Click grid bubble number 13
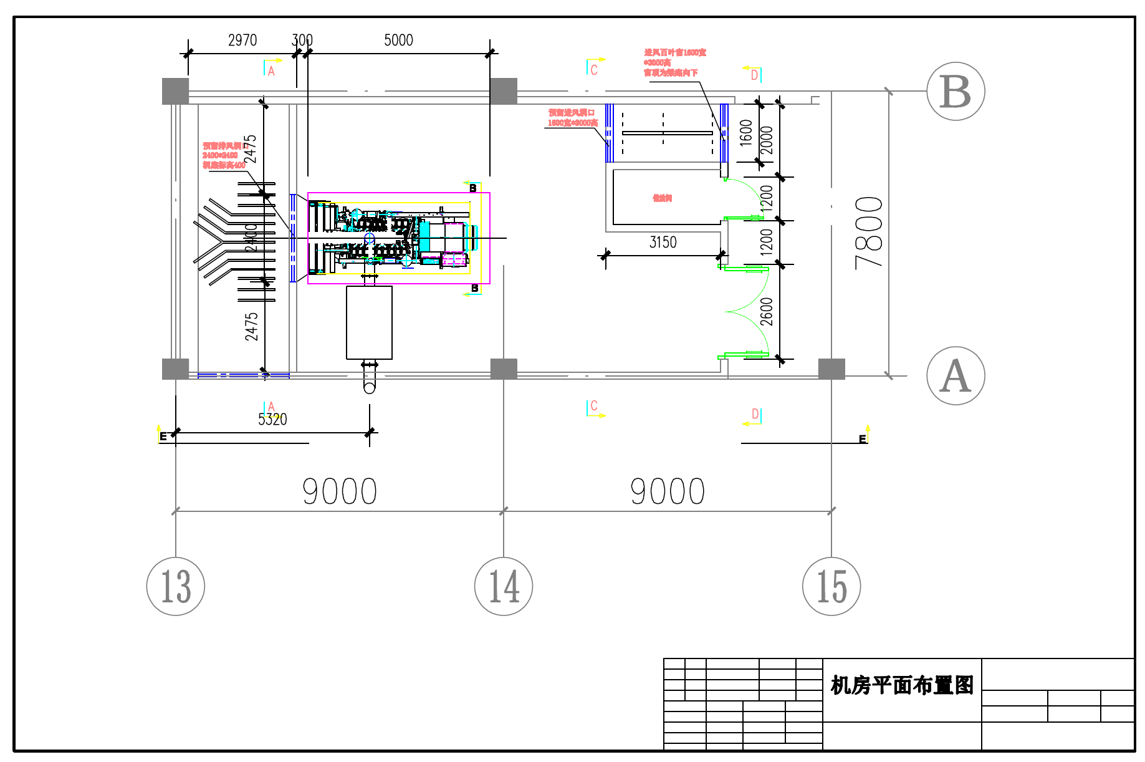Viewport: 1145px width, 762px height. [176, 586]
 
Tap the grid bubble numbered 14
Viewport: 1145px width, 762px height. [504, 586]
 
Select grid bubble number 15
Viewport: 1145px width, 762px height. [831, 586]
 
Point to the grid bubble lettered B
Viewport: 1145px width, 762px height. [956, 91]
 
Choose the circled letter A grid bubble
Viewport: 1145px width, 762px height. [956, 376]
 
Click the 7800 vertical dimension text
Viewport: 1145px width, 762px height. [870, 233]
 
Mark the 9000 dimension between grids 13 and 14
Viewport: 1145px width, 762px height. [340, 491]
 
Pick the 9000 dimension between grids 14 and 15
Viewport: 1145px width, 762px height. [668, 491]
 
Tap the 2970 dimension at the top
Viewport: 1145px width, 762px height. [242, 41]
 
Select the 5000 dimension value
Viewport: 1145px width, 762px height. [398, 41]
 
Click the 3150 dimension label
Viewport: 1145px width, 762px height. [663, 243]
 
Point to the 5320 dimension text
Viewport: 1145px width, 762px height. [272, 420]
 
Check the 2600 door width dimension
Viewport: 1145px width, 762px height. [767, 312]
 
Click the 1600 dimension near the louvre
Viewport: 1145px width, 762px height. [746, 133]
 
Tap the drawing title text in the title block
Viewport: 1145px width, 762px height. [902, 685]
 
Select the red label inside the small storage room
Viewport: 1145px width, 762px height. [662, 198]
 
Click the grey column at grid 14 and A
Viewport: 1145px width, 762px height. [504, 369]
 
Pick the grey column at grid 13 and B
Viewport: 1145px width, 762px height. [175, 91]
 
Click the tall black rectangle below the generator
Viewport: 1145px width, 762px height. [369, 322]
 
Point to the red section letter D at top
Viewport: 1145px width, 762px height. [754, 75]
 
